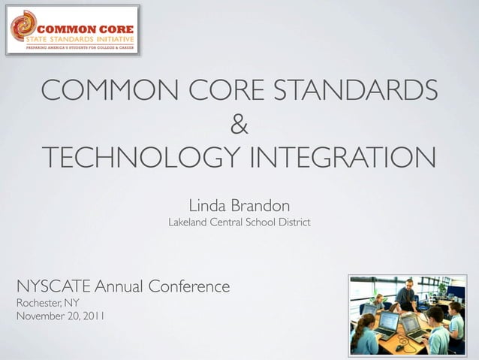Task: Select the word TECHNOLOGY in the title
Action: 140,159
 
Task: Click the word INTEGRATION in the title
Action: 341,159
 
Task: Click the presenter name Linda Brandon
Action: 239,204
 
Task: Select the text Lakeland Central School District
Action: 239,223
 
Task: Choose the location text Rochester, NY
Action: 47,302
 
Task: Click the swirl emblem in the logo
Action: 23,26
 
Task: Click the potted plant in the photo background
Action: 444,287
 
